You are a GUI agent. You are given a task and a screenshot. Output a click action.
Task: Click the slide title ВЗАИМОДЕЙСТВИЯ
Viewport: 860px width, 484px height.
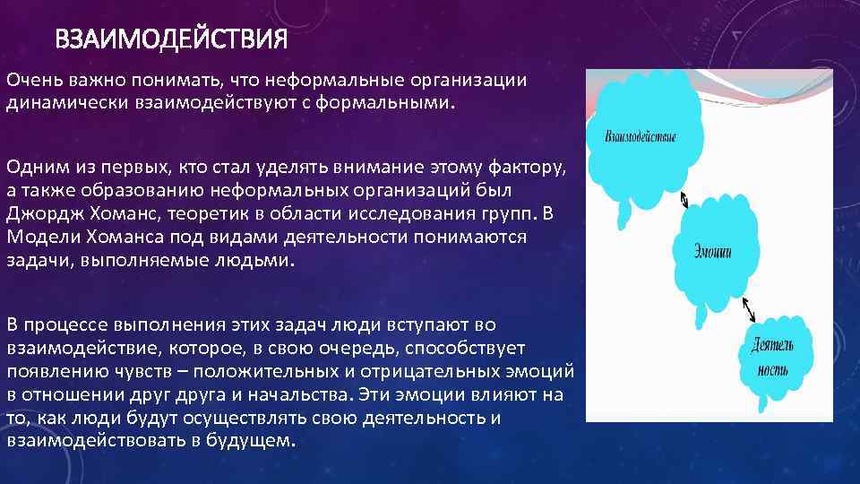[x=171, y=40]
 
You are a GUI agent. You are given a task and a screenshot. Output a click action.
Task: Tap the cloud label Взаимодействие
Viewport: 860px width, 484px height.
[x=641, y=137]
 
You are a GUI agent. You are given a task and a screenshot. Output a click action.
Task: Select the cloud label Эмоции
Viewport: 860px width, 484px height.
[x=712, y=252]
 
